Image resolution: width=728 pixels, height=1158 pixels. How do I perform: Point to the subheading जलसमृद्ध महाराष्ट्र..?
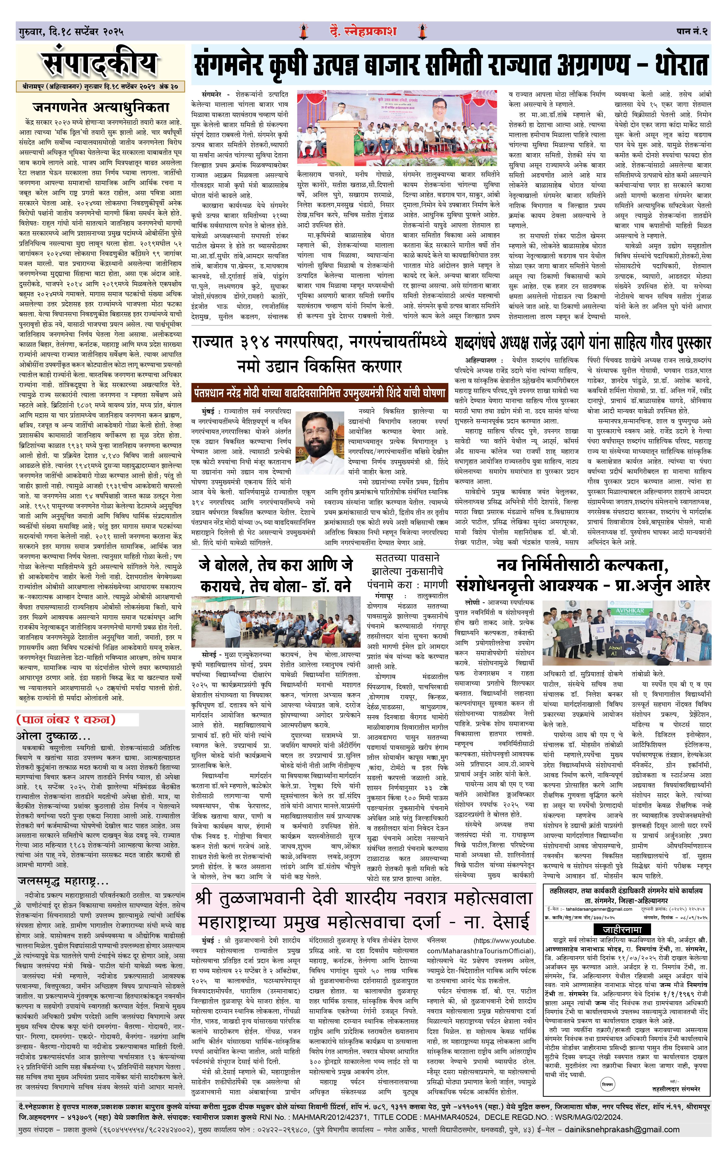[62, 882]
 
